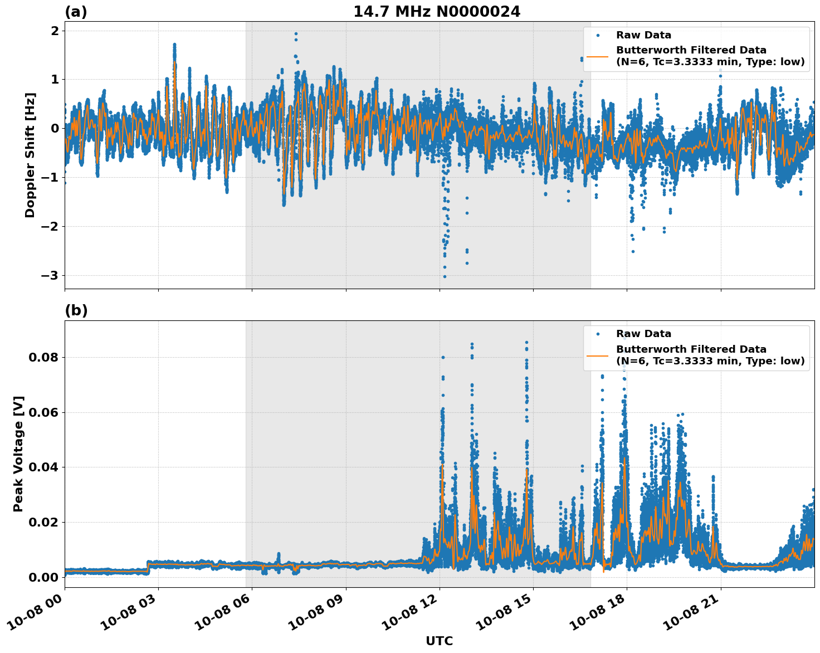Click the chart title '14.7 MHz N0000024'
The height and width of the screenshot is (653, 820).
point(437,12)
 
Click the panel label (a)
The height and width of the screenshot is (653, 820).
point(76,12)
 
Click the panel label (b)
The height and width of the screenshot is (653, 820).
point(76,310)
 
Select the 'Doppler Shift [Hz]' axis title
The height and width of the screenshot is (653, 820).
point(30,155)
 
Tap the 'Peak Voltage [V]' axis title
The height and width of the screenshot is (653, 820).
point(18,454)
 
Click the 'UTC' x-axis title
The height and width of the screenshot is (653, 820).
point(439,641)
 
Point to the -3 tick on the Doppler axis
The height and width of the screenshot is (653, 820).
point(47,275)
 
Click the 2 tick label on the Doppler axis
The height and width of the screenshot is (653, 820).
point(55,31)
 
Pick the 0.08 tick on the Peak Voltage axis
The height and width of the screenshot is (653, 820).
point(43,357)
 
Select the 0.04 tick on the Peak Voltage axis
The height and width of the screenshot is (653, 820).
point(43,467)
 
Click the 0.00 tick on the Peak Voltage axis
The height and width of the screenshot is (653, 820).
point(43,577)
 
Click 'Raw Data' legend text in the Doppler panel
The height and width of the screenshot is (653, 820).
point(643,36)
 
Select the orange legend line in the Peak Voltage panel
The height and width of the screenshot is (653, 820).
point(597,355)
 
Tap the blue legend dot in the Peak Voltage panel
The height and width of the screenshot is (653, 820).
point(597,334)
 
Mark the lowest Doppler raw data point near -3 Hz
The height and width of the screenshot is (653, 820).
point(445,276)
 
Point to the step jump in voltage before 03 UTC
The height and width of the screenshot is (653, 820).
point(148,567)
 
